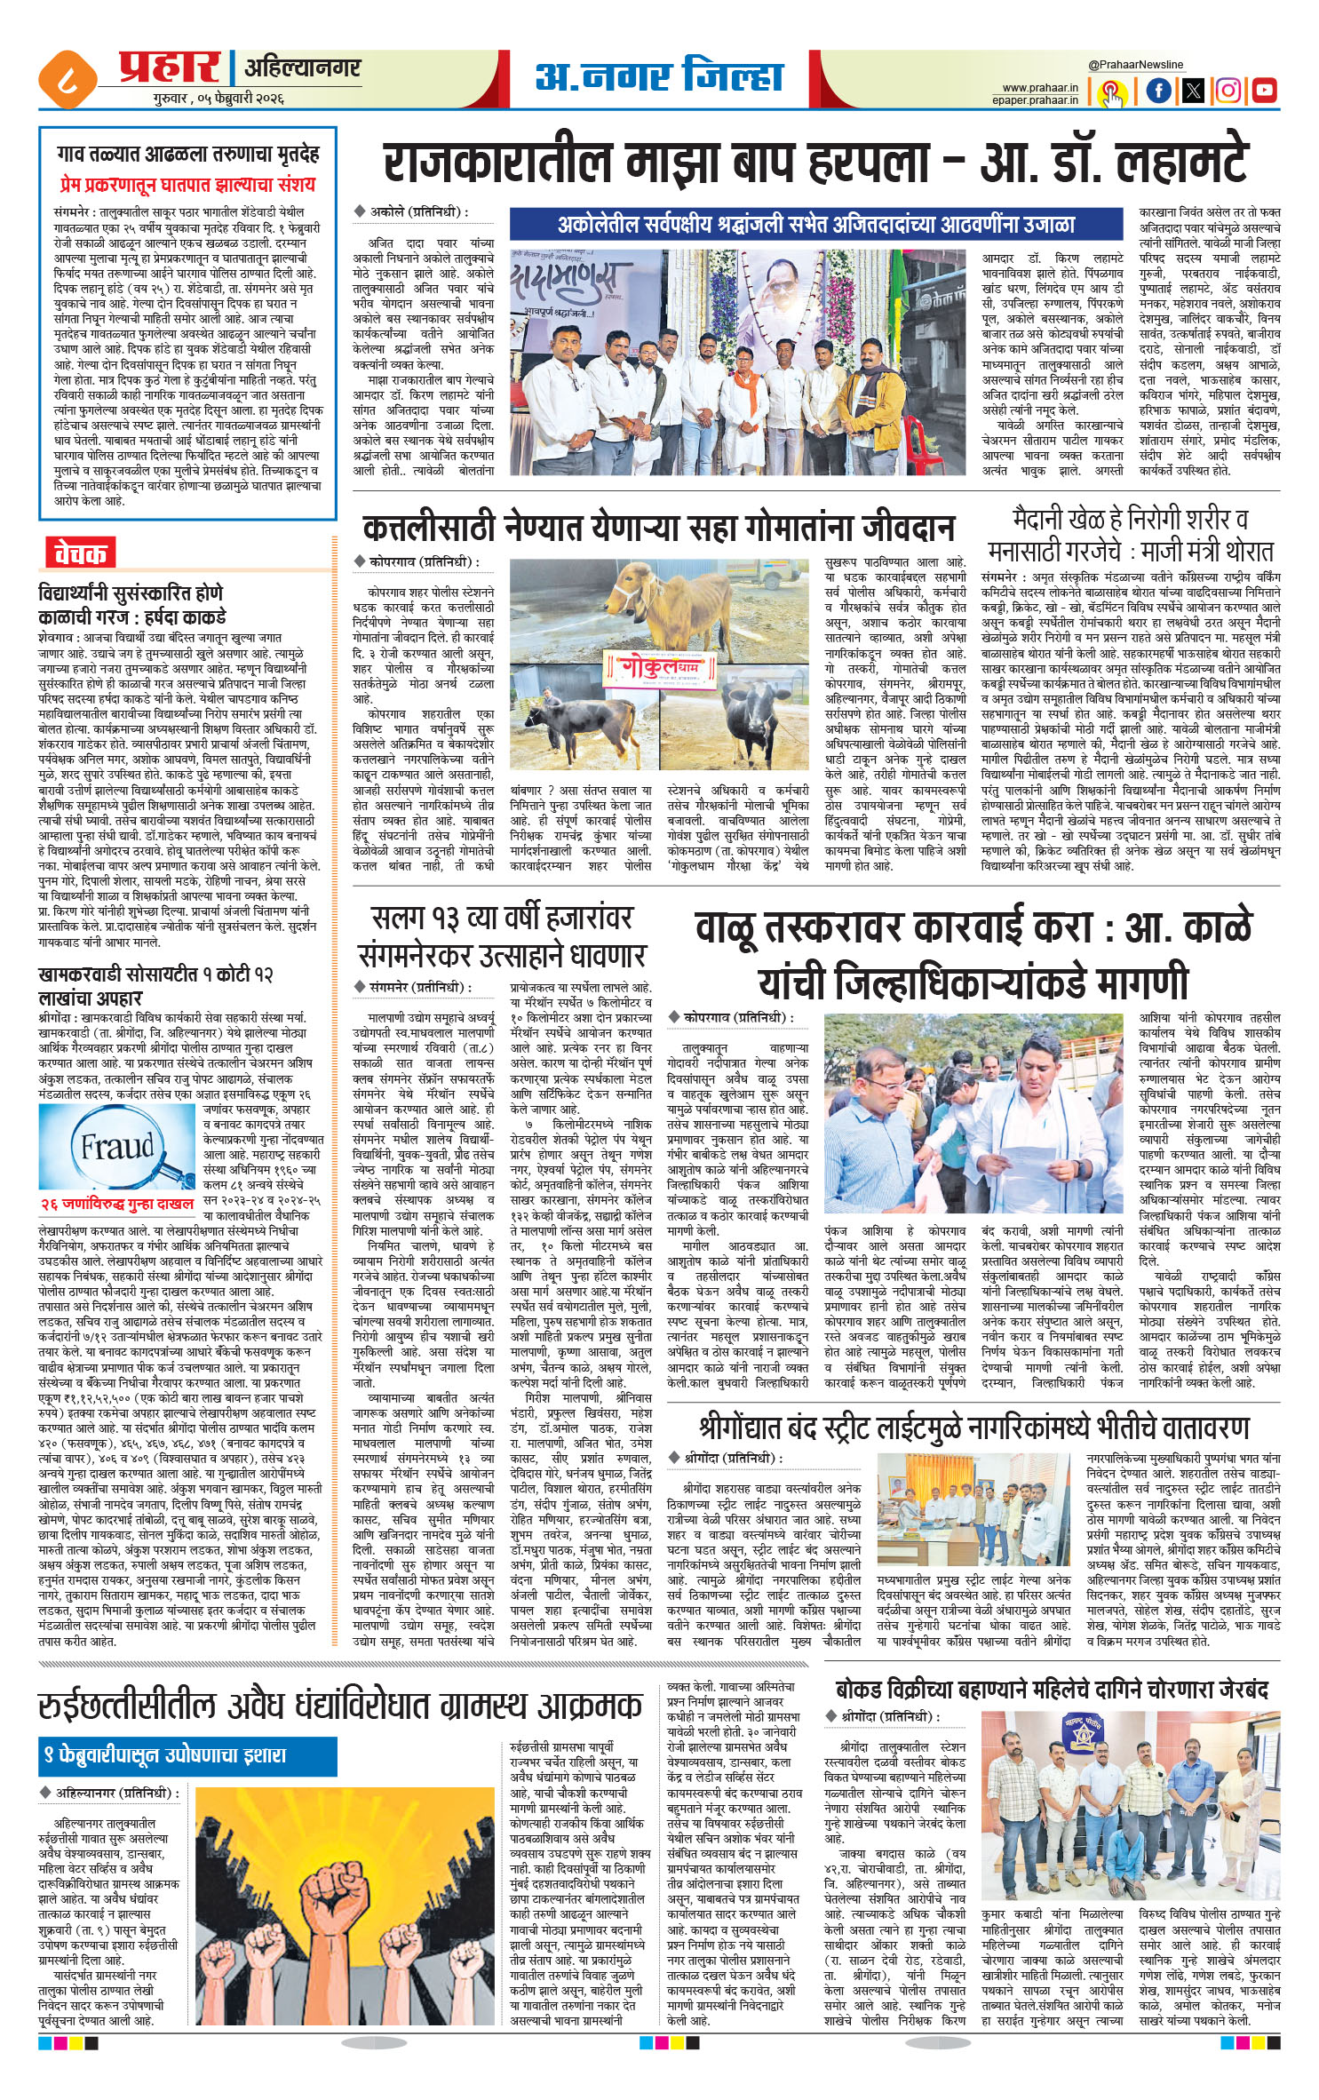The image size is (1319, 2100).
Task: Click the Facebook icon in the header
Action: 1158,90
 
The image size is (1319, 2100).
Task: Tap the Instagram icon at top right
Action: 1228,90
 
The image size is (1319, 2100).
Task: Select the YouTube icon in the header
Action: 1263,90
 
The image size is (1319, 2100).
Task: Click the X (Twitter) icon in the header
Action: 1193,90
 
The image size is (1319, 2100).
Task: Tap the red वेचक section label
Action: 80,553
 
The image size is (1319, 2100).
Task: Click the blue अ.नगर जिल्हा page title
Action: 658,77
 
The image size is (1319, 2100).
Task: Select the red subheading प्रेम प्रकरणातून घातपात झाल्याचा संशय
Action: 187,185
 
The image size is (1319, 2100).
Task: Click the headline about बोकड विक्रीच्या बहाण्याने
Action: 1053,1689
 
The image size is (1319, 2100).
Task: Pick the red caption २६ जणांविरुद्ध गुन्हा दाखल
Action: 117,1204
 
